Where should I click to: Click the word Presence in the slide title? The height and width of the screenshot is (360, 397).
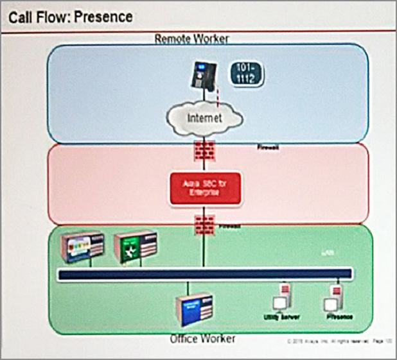[x=103, y=16]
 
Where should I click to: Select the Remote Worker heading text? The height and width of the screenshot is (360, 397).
[x=191, y=39]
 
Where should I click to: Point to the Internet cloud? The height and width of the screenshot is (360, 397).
[x=204, y=118]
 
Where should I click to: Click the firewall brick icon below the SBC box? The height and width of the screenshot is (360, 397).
[x=204, y=225]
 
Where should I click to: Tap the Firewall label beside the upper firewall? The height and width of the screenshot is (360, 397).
[x=267, y=148]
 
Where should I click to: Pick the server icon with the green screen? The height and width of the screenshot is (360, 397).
[x=134, y=246]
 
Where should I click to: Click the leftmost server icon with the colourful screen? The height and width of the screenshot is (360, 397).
[x=81, y=245]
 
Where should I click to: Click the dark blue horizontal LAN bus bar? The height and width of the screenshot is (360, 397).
[x=204, y=275]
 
